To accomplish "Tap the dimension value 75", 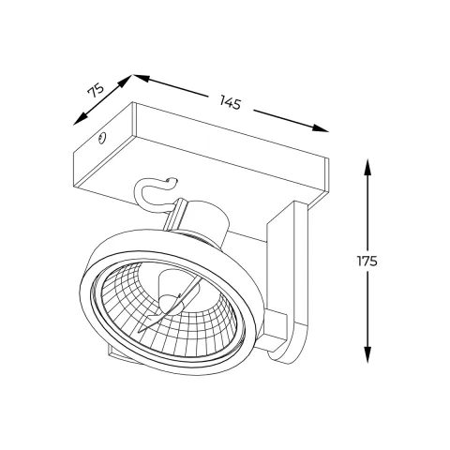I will point(95,90).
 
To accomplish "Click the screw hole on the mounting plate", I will point(99,141).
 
